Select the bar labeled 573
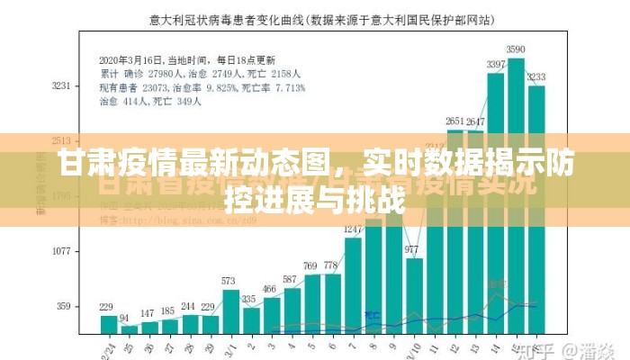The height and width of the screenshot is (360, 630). [230, 310]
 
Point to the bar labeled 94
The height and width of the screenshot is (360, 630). [128, 328]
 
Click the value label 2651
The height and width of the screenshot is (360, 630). [455, 121]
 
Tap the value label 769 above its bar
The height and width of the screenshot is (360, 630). [311, 265]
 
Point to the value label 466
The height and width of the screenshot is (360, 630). [271, 288]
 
